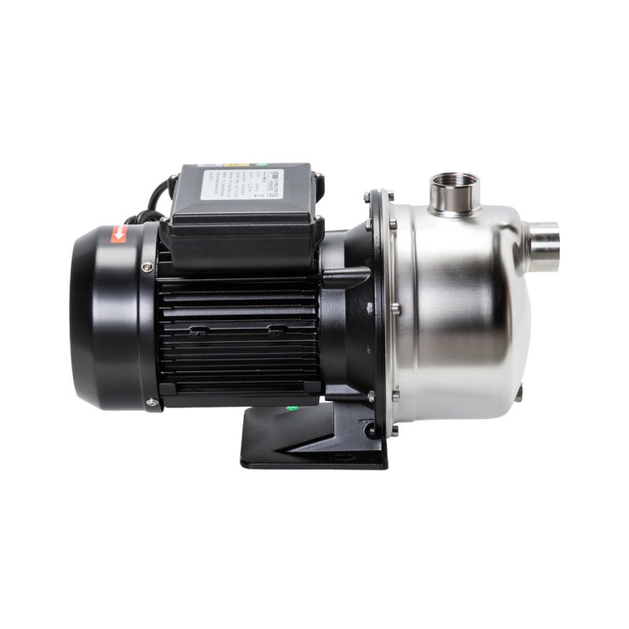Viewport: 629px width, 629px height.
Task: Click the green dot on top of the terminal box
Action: point(257,167)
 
